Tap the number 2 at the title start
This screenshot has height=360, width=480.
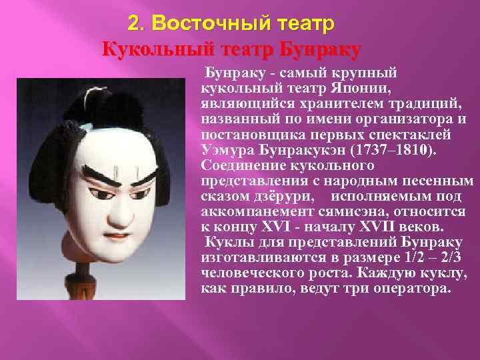click(x=134, y=24)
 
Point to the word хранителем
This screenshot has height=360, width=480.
click(x=309, y=103)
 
